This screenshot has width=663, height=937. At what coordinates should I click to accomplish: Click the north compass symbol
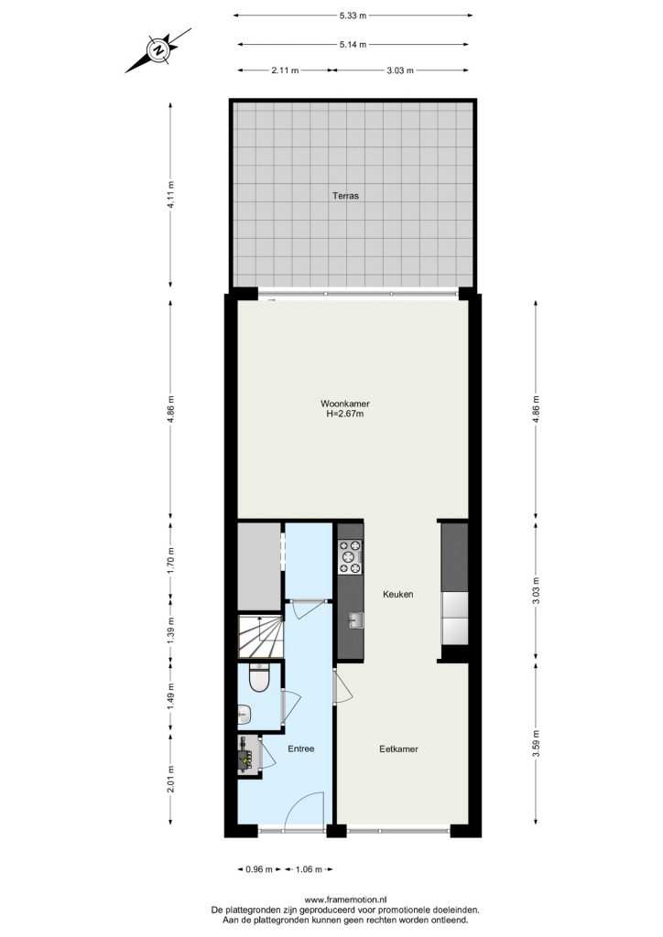pos(158,50)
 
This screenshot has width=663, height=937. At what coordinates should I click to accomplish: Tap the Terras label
pos(345,196)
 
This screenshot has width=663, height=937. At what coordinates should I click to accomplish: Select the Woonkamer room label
pos(345,404)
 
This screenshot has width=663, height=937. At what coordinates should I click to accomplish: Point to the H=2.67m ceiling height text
pos(345,413)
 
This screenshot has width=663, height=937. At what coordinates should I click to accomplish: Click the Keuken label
pos(398,594)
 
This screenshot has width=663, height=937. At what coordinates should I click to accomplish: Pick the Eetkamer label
pos(398,749)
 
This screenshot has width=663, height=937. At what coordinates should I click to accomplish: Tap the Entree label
pos(300,749)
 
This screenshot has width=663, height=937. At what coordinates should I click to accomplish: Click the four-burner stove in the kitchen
pos(351,557)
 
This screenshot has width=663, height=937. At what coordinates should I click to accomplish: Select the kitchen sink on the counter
pos(356,620)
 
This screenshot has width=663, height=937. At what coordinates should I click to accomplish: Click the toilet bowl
pos(259,679)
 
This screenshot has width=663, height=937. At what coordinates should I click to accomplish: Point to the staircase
pos(261,637)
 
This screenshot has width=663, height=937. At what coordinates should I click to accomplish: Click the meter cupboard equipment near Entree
pos(248,755)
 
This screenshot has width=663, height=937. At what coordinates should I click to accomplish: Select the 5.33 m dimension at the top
pos(353,16)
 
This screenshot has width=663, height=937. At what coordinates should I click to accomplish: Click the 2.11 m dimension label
pos(285,70)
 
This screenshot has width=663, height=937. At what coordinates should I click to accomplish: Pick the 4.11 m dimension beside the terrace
pos(171,194)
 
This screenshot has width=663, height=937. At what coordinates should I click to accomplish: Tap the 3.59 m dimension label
pos(536,743)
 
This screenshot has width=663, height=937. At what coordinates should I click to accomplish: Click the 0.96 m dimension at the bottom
pos(259,869)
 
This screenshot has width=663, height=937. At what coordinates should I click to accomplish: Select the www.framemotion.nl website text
pos(346,899)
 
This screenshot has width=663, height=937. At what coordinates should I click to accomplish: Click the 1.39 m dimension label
pos(171,629)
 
